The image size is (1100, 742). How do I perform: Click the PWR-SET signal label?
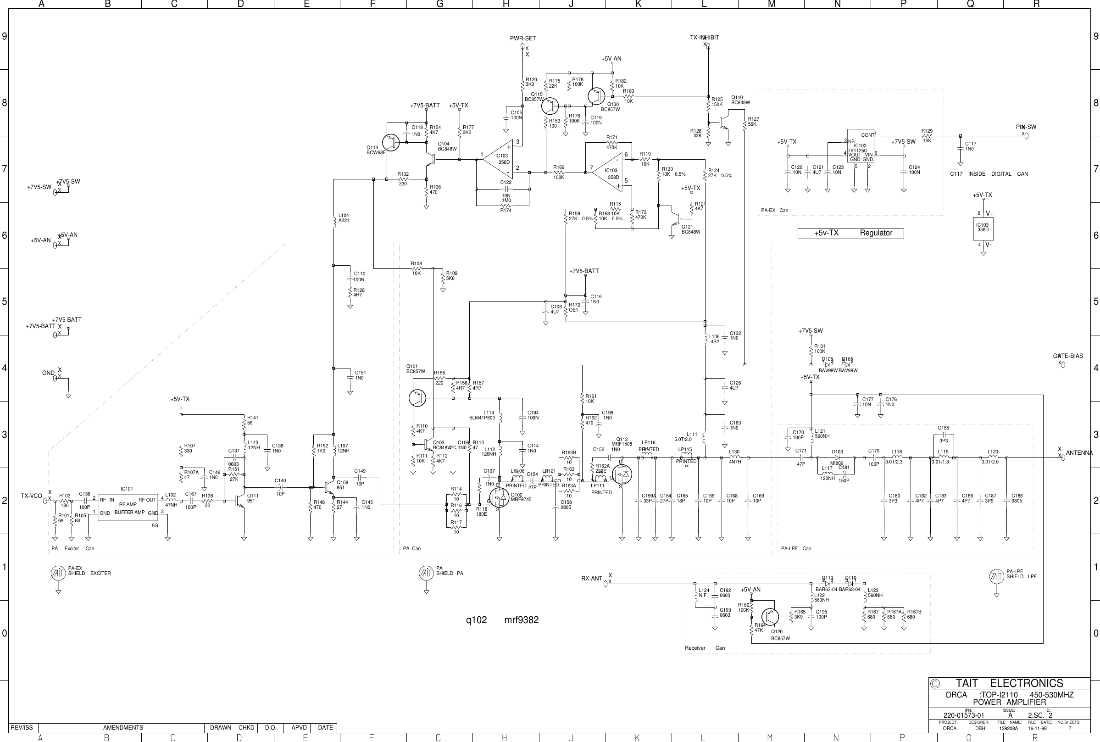(x=522, y=39)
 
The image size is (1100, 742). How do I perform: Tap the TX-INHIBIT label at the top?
(x=704, y=37)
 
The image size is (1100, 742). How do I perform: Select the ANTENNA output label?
(x=1079, y=453)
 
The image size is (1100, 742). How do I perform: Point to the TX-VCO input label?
(x=31, y=496)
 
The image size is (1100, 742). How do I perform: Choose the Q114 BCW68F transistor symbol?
(x=391, y=142)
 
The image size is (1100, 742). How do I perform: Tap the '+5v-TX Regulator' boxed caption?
(x=850, y=233)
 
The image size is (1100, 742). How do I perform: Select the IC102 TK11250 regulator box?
(x=860, y=146)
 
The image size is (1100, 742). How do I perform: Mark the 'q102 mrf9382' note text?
(x=502, y=620)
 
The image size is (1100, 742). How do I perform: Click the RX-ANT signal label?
(x=592, y=578)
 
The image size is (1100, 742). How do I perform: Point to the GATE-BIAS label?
(x=1067, y=356)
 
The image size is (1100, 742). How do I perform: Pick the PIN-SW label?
(x=1026, y=127)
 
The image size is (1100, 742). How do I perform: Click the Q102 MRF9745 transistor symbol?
(x=500, y=498)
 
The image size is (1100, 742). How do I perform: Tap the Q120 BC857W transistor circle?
(x=770, y=617)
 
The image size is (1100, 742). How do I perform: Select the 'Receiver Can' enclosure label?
(x=705, y=648)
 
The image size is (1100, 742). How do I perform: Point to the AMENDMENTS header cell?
(x=123, y=727)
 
